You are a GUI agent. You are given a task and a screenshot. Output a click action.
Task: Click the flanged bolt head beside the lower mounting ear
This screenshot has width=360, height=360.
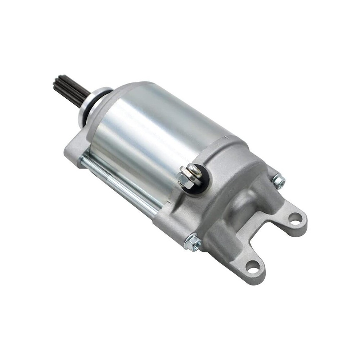click(193, 242)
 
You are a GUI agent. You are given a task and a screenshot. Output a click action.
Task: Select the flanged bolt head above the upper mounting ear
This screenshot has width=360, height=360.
click(279, 181)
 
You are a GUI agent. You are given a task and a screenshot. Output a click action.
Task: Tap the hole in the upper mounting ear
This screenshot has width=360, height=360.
click(295, 217)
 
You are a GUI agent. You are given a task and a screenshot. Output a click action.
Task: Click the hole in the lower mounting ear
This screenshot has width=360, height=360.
click(252, 267)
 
